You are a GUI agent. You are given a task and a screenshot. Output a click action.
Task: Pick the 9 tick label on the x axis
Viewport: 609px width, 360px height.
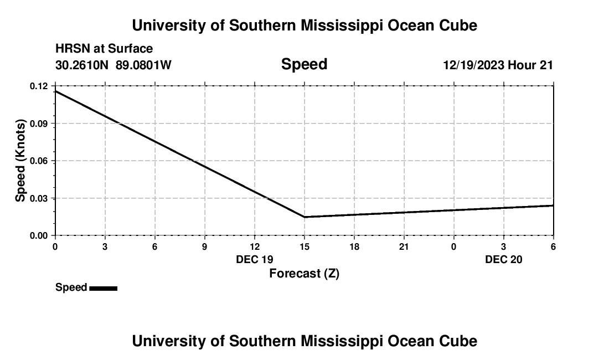tap(205, 246)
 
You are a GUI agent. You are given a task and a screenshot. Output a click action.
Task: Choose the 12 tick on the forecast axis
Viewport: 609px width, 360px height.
tap(255, 246)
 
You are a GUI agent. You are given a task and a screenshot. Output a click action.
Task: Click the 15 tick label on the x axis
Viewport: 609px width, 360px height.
tap(304, 246)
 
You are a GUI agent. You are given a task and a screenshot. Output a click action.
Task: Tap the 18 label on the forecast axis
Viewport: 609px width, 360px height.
tap(354, 246)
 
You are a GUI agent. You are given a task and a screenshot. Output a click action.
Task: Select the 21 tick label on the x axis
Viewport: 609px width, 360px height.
tap(404, 246)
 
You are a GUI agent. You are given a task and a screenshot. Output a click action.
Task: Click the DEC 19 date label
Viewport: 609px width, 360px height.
tap(255, 259)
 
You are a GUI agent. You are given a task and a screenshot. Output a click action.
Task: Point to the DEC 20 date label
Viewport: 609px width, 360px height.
tap(504, 259)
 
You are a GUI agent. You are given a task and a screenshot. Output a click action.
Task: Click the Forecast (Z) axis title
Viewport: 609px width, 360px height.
tap(304, 273)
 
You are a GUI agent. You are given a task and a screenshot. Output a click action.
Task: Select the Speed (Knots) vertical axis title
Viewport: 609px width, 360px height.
tap(21, 161)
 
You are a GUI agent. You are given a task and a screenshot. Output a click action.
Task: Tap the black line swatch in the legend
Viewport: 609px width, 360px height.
tap(103, 288)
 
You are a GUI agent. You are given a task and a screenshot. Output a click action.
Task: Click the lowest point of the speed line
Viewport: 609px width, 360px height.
tap(304, 217)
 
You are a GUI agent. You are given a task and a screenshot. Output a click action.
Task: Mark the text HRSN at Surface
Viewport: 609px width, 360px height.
tap(104, 49)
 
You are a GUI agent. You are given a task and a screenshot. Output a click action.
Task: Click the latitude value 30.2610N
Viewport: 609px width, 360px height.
tap(82, 65)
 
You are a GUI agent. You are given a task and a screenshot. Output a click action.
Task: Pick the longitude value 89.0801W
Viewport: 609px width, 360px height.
tap(143, 65)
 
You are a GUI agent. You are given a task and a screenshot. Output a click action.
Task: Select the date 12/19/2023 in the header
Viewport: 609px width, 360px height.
tap(473, 65)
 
